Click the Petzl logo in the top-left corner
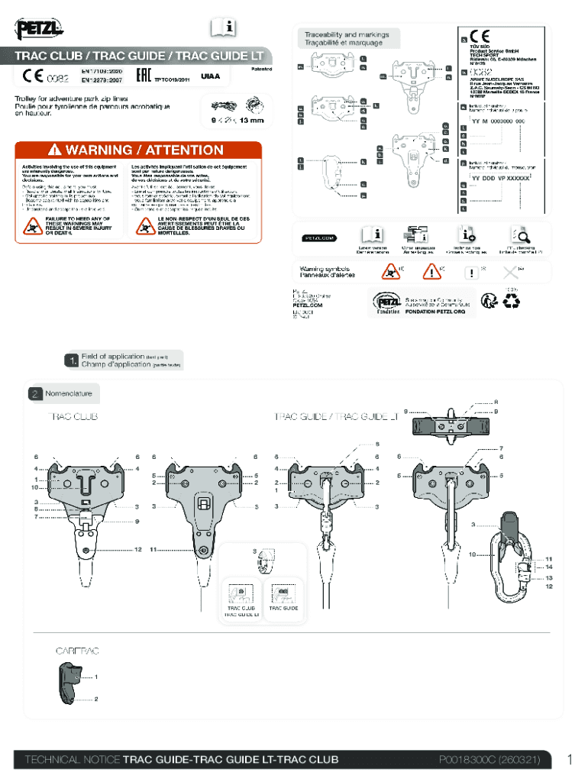coord(40,30)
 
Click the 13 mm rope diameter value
coord(251,120)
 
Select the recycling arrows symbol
coord(508,302)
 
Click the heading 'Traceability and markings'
coord(347,35)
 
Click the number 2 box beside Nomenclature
coord(35,394)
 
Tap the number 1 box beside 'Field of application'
coord(71,360)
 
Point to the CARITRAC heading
coord(76,651)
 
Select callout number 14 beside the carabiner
coord(549,567)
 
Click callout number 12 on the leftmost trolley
coord(138,549)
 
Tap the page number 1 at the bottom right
coord(569,759)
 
